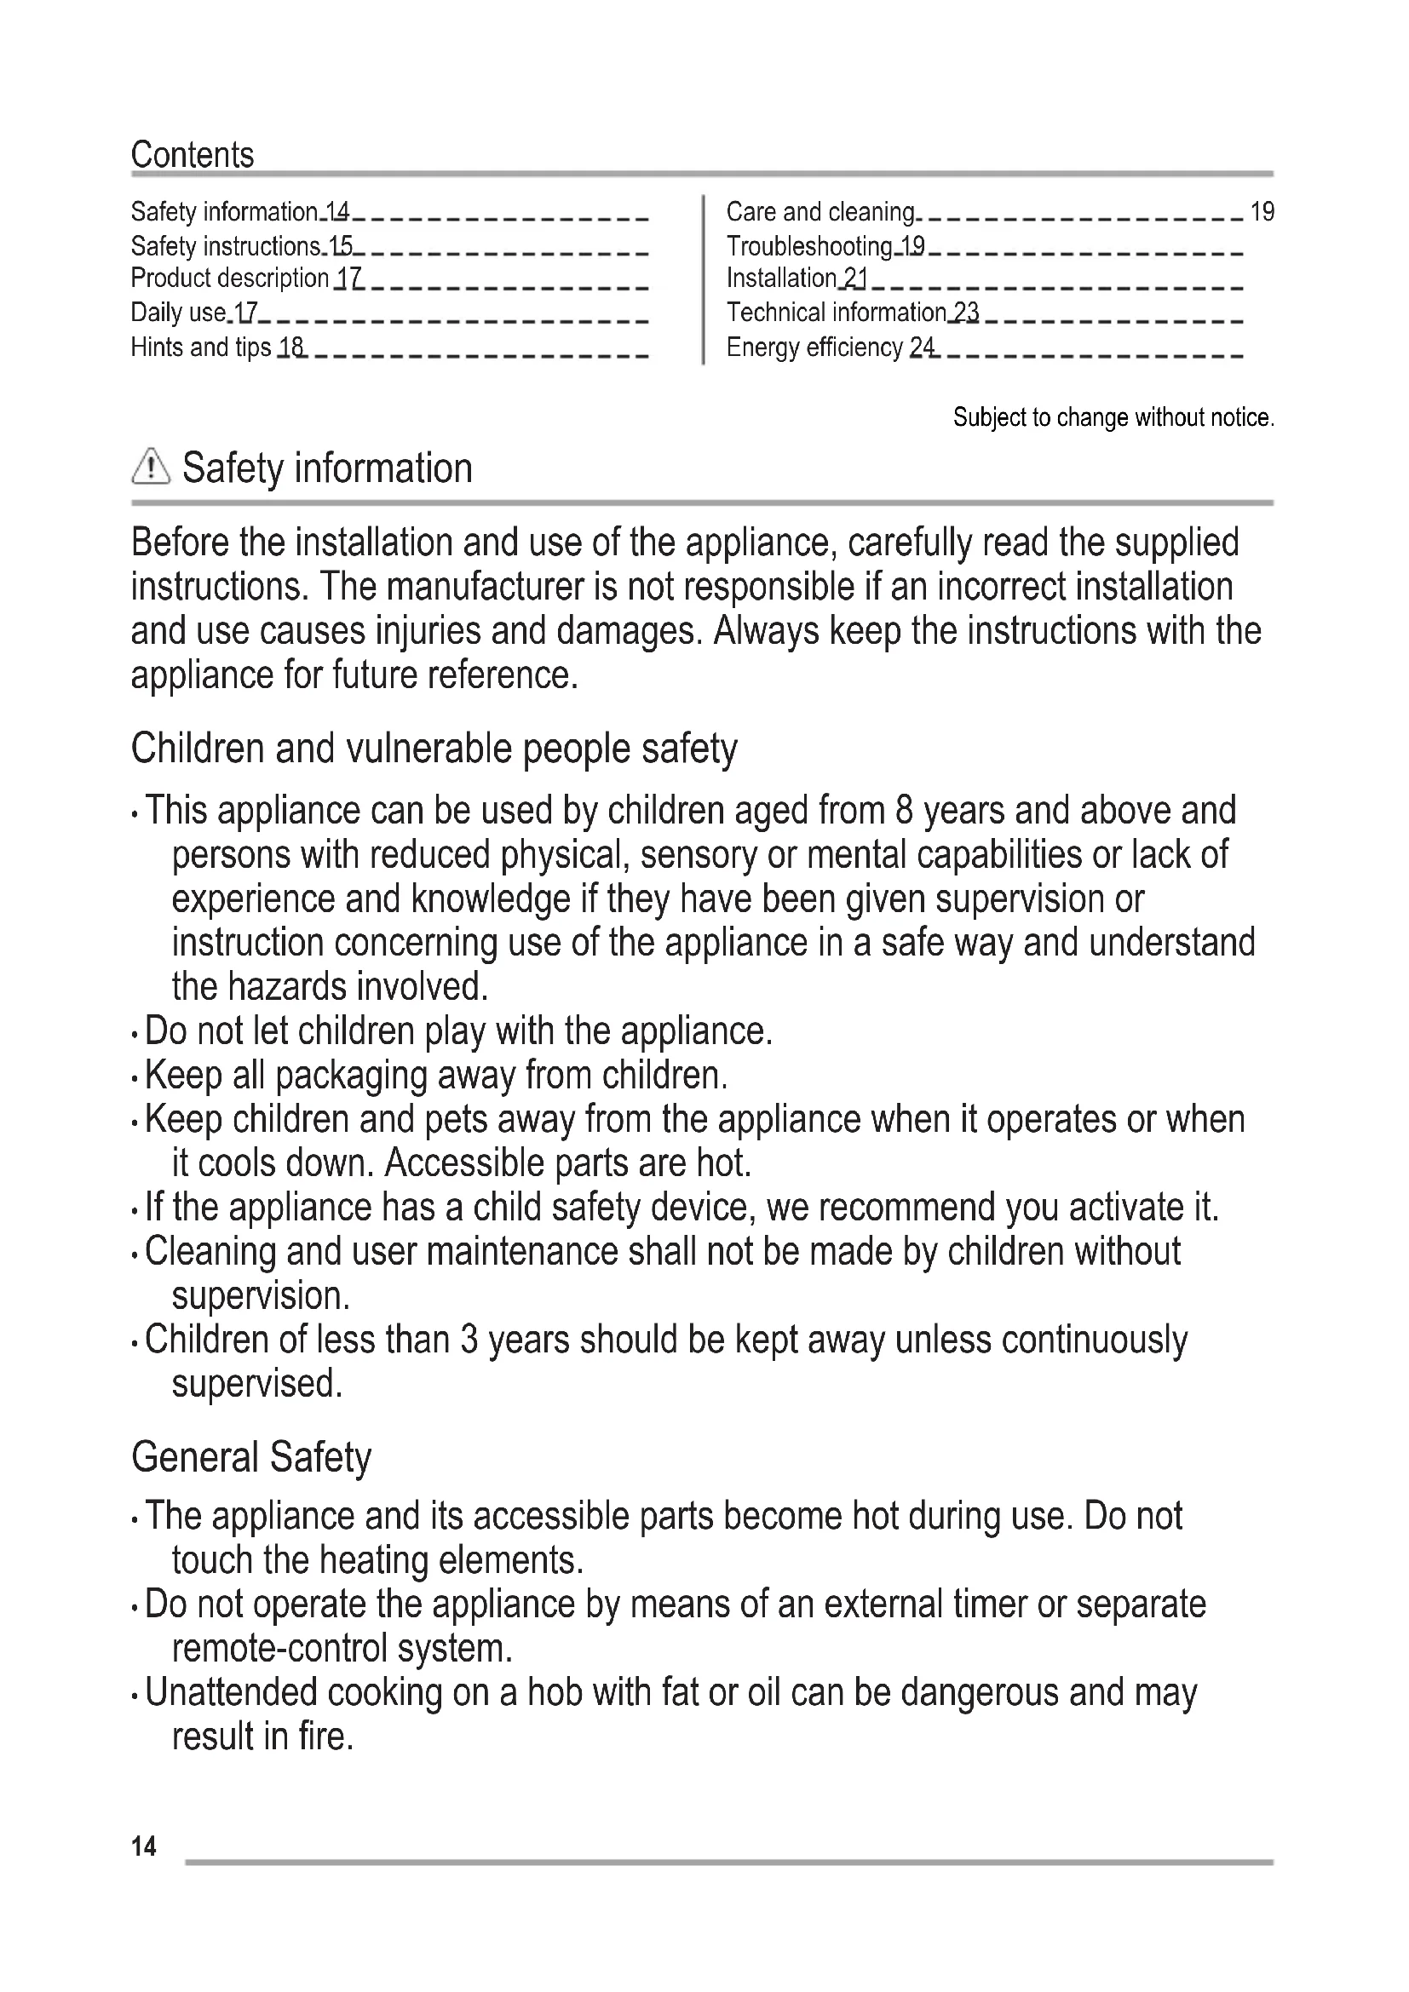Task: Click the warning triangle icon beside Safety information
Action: (150, 467)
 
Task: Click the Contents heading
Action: (192, 155)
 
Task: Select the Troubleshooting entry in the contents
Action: (809, 246)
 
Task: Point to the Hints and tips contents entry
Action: (200, 347)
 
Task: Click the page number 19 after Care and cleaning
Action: (1262, 212)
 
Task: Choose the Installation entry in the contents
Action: (781, 278)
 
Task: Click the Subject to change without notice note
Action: (1113, 418)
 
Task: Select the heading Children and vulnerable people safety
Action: (434, 748)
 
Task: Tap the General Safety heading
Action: (250, 1456)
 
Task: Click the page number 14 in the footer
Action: (144, 1846)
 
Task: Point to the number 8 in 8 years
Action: (904, 810)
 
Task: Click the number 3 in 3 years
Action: (469, 1340)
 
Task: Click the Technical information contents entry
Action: (837, 313)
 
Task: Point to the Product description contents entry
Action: (230, 278)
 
